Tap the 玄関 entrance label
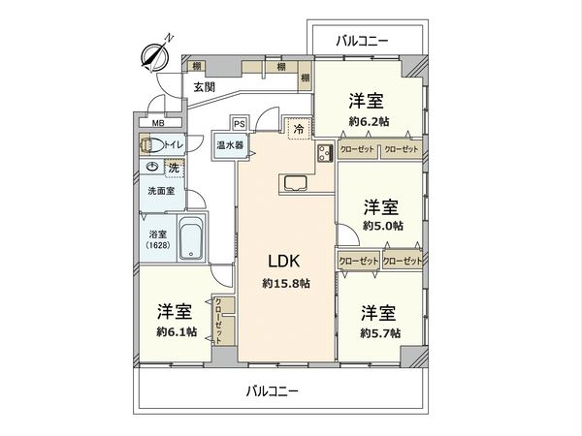tap(204, 86)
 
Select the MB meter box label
tap(157, 123)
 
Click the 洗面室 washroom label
tap(161, 191)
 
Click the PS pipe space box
tap(239, 123)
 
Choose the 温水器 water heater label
tap(230, 145)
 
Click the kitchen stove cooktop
tap(324, 153)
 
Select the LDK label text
tap(285, 261)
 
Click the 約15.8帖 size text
tap(285, 283)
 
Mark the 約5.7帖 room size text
tap(380, 332)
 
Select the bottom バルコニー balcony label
tap(272, 392)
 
